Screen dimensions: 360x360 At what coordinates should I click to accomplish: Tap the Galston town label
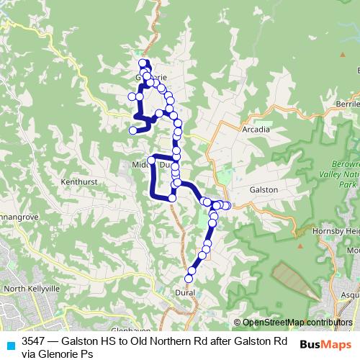264,187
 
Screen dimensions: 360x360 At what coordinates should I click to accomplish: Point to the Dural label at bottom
185,293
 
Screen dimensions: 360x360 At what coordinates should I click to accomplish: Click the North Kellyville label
30,289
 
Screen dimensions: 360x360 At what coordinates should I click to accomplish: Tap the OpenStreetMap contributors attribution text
292,323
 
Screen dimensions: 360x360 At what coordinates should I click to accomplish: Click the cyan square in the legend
10,343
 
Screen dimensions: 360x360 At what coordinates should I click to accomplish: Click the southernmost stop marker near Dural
189,278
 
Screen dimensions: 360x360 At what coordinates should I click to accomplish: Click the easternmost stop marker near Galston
227,206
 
